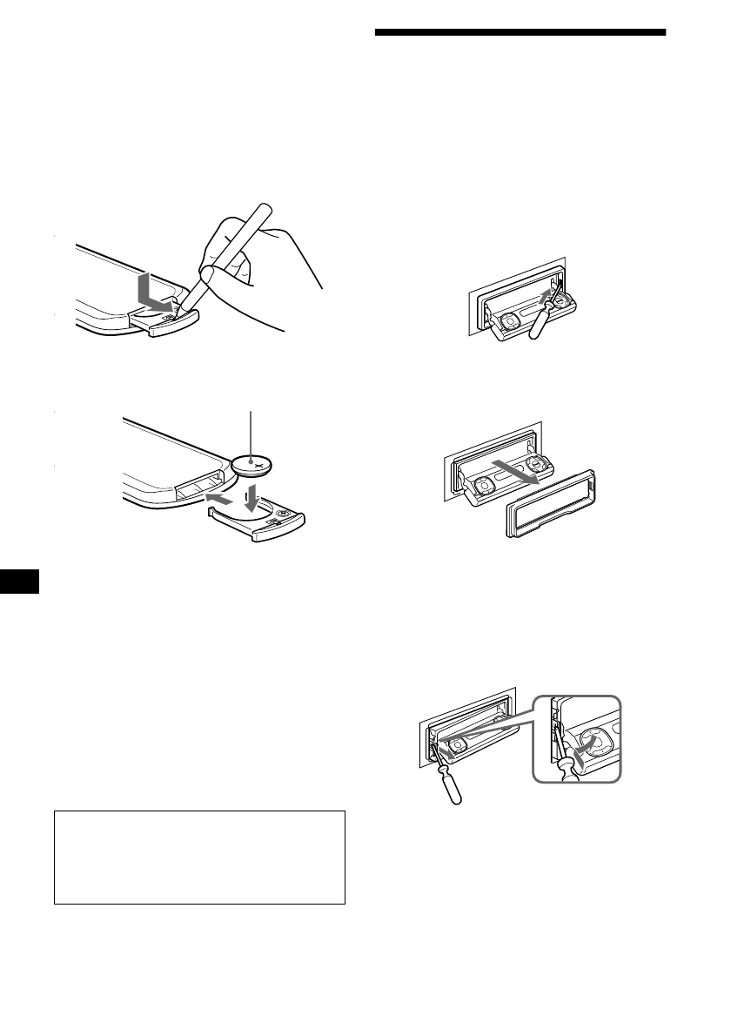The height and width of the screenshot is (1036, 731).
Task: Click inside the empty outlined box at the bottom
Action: (x=199, y=858)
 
